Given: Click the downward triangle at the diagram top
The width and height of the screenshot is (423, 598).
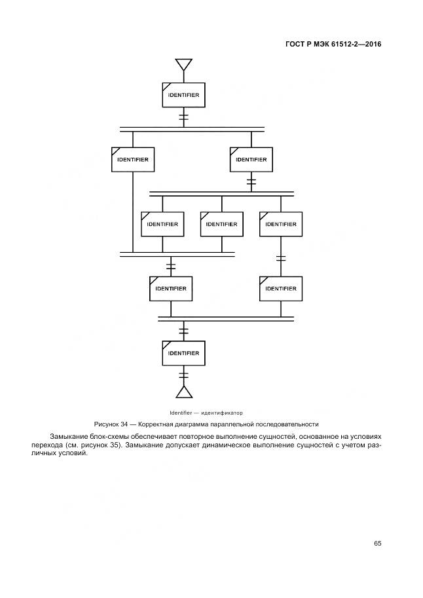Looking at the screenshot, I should [x=183, y=64].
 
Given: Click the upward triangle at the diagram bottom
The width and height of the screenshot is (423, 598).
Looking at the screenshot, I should [x=183, y=392].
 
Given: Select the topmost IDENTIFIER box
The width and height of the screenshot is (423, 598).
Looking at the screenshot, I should [x=183, y=95].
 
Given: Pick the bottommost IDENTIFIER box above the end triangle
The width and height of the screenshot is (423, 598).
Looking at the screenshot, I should [x=183, y=353].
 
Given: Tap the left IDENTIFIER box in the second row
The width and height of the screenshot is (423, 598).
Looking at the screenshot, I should [x=132, y=159].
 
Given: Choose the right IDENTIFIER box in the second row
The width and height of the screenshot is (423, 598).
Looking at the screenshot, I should [x=251, y=159].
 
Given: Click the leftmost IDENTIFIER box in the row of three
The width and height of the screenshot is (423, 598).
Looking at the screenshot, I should [x=162, y=224].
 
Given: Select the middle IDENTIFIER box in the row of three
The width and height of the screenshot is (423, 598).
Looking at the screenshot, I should [x=221, y=224].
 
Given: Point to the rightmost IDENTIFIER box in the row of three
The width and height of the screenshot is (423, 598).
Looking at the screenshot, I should [x=281, y=224].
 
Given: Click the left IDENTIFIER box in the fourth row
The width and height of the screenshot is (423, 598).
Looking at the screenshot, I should [x=171, y=288].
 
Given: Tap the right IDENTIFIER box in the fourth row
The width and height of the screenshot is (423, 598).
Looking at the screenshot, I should [x=281, y=288].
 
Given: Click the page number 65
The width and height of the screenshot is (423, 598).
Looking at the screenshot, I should [x=378, y=543].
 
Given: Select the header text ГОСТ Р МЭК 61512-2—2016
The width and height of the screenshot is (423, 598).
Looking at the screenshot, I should [x=334, y=45].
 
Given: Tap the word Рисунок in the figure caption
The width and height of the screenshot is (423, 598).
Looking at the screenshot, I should [x=108, y=424].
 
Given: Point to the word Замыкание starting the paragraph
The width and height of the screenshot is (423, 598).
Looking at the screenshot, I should [x=67, y=436].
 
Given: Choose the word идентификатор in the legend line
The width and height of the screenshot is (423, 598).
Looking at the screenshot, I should [x=222, y=413].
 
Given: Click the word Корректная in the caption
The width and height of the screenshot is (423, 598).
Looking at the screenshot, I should [x=160, y=424].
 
